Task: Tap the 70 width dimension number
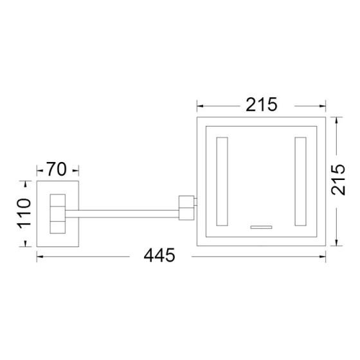57,170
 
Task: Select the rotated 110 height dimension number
24,213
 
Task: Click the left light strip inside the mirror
222,181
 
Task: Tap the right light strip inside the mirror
300,181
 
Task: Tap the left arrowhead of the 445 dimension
39,256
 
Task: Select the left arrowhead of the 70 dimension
39,171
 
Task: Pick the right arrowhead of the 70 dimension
76,171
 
